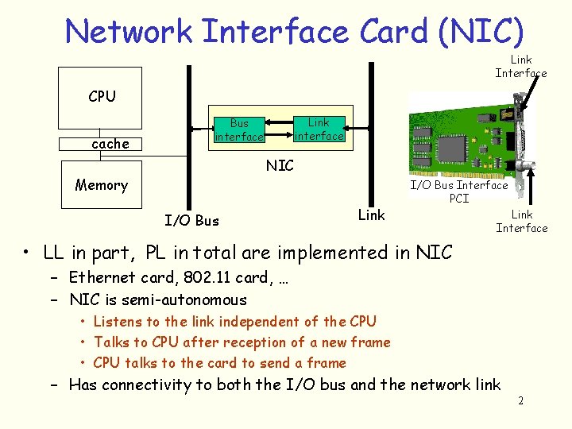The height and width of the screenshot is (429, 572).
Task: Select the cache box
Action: [x=110, y=144]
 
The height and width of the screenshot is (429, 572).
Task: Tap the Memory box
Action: [x=101, y=185]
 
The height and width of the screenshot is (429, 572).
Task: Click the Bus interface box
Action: [x=239, y=130]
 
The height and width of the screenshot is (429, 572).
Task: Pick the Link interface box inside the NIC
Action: [x=319, y=129]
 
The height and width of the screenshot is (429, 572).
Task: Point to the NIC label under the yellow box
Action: [x=280, y=165]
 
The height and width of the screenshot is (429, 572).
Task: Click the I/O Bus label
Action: [x=191, y=220]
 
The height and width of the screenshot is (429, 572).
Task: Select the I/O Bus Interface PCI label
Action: [x=458, y=191]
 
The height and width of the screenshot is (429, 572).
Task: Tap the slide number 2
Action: [x=520, y=400]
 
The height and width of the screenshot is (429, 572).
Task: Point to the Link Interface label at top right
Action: [x=521, y=66]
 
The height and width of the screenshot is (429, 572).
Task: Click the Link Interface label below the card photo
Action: [x=522, y=221]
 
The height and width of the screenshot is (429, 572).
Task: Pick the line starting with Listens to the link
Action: [x=234, y=322]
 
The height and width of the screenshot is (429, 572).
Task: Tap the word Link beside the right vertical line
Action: [x=371, y=214]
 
